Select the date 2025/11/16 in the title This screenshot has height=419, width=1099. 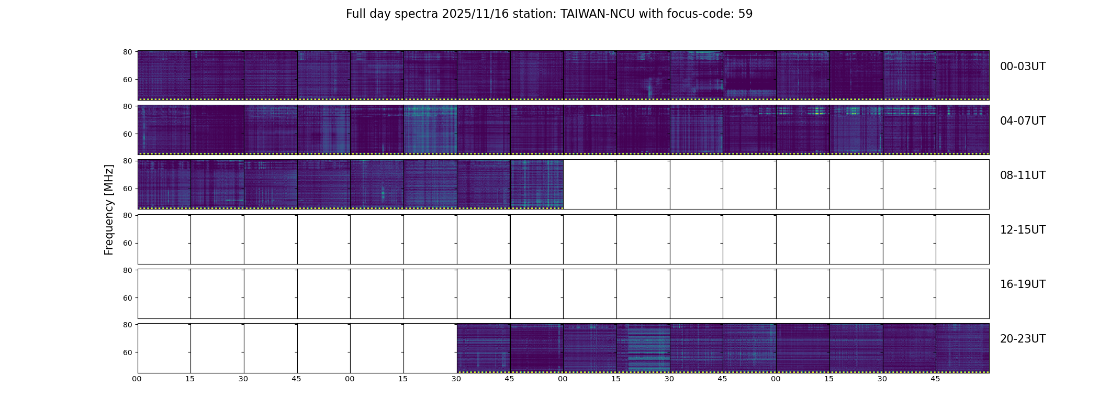coord(474,14)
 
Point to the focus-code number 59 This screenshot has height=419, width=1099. coord(745,14)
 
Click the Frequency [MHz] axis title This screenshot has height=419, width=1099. coord(109,210)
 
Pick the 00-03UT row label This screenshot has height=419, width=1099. coord(1023,67)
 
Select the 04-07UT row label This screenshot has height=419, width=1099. coord(1023,121)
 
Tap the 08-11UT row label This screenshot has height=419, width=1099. coord(1023,175)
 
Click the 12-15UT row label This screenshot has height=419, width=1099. coord(1023,230)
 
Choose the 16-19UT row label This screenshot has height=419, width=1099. coord(1023,284)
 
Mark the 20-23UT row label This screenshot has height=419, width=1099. coord(1023,339)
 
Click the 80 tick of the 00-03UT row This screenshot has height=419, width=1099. coord(127,52)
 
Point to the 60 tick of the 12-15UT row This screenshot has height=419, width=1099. coord(127,243)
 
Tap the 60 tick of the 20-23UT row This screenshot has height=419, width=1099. coord(127,352)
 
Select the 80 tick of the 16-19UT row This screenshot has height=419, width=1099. coord(127,270)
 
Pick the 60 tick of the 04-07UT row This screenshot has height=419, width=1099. coord(127,134)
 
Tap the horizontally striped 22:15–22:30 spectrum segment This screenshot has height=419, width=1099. coord(643,347)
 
